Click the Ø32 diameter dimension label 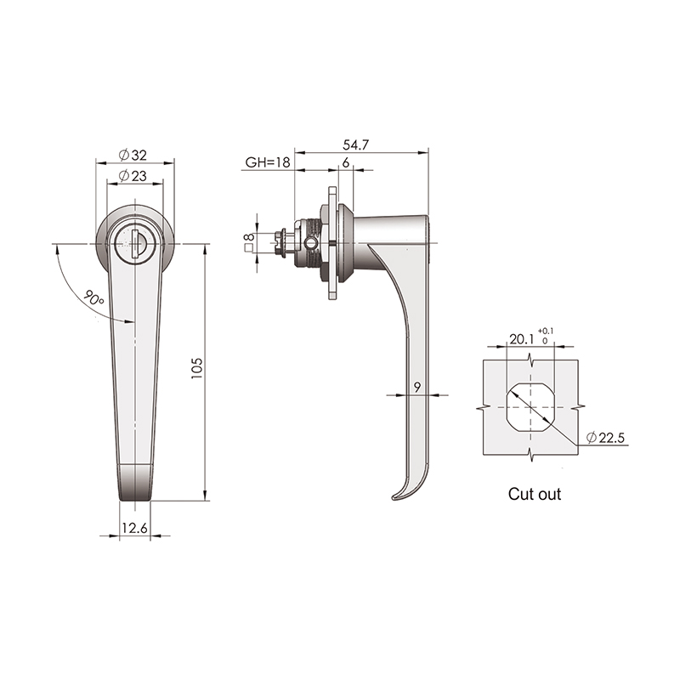tap(133, 155)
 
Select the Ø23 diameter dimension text tap(133, 176)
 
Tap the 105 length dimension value tap(197, 369)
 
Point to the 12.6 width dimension tap(135, 528)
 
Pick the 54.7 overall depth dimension tap(355, 144)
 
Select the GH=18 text tap(268, 162)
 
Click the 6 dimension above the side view tap(346, 162)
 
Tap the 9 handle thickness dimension tap(417, 388)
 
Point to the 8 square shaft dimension tap(249, 237)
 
